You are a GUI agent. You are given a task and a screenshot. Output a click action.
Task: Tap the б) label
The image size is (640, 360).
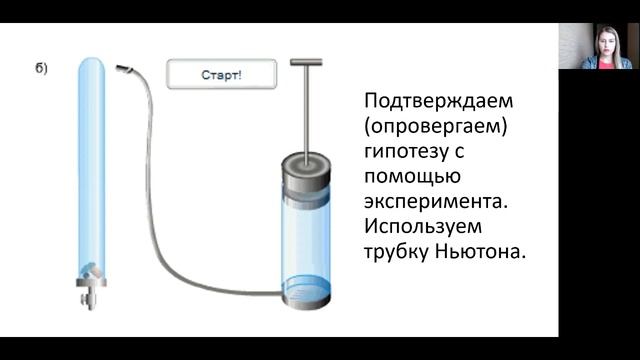pos(41,68)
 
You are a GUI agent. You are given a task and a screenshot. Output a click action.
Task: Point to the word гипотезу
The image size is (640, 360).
pos(407,153)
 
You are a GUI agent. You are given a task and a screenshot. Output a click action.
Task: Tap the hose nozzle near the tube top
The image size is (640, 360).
pos(125,69)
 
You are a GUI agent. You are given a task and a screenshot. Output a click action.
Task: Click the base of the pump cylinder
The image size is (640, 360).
pos(308,298)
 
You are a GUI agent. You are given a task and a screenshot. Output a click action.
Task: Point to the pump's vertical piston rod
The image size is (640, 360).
pos(307,110)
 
